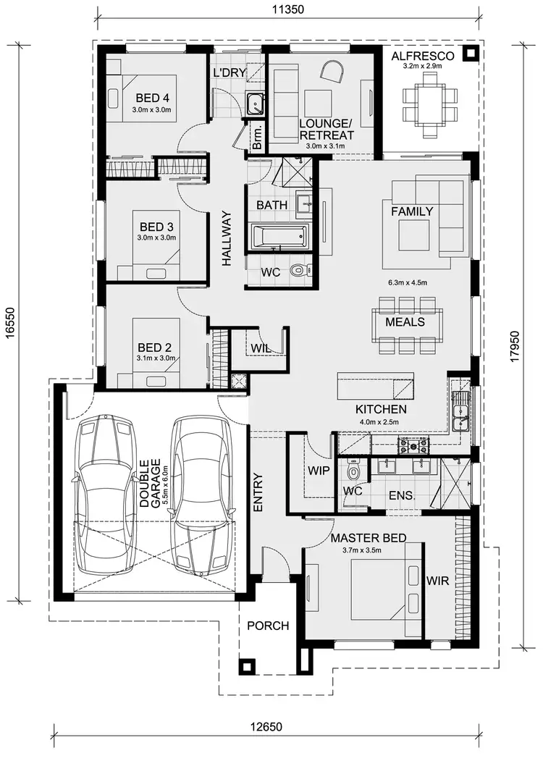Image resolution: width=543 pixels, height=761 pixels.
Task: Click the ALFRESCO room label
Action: tap(422, 56)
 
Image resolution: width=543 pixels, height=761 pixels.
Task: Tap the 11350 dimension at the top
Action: tap(287, 9)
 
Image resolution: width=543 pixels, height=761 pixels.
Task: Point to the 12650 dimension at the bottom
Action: tap(266, 727)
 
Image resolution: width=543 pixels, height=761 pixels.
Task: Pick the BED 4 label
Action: tap(152, 98)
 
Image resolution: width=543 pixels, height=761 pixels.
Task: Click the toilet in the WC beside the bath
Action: tap(298, 272)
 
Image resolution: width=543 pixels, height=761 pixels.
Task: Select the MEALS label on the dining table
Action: tap(405, 321)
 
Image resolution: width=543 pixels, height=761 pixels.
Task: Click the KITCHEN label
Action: tap(381, 409)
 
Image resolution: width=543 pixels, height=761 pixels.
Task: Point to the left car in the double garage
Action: tap(107, 492)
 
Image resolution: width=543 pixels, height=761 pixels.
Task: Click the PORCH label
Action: tap(268, 626)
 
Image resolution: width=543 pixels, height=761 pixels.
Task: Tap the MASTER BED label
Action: tap(368, 538)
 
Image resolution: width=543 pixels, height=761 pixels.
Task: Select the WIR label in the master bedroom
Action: tap(438, 581)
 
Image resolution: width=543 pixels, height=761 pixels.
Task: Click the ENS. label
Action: tap(401, 496)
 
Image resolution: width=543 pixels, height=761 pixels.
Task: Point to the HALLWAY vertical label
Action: tap(227, 238)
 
